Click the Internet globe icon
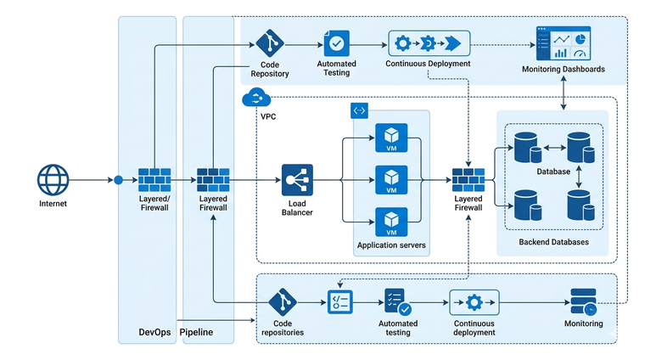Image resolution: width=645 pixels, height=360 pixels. tap(52, 180)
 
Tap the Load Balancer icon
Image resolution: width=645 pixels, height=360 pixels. tap(297, 180)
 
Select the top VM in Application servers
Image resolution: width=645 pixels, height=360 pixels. tap(391, 139)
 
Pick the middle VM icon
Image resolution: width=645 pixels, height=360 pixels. tap(391, 180)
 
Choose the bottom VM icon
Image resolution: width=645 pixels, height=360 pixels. tap(391, 221)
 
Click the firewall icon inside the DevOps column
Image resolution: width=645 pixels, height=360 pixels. tap(154, 180)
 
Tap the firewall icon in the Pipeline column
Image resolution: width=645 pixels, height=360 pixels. tap(213, 180)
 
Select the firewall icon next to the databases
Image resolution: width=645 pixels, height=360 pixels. tap(468, 180)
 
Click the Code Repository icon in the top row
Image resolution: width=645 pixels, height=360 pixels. tap(270, 42)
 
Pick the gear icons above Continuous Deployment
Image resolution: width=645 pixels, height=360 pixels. tap(429, 43)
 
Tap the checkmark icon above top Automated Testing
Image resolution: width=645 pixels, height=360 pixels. tap(336, 42)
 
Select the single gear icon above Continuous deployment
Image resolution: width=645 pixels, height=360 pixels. tap(474, 302)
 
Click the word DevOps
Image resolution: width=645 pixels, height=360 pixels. tap(156, 332)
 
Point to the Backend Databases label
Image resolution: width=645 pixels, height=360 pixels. tap(553, 243)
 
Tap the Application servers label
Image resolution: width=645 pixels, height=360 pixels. tap(391, 246)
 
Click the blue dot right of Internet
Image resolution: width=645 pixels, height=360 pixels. tap(119, 180)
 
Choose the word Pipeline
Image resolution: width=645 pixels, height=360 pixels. tap(197, 332)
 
